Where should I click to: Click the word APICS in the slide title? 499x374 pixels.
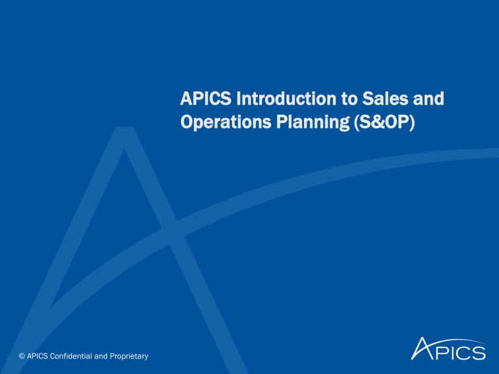(x=205, y=99)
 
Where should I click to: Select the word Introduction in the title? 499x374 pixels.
(x=286, y=99)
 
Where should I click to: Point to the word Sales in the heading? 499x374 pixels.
(x=385, y=99)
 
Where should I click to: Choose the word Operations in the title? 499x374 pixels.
(x=225, y=122)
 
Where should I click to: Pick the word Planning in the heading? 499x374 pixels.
(x=313, y=122)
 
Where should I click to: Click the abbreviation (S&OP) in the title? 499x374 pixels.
(x=385, y=122)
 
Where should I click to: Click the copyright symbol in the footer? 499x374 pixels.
(x=21, y=356)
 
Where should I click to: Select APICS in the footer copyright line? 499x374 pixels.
(x=38, y=356)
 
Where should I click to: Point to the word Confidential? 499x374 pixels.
(x=71, y=356)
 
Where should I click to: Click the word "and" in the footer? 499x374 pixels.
(x=101, y=356)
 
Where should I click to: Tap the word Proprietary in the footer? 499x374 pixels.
(x=129, y=356)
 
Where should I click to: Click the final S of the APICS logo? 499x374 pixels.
(x=479, y=353)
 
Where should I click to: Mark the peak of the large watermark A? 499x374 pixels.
(x=124, y=127)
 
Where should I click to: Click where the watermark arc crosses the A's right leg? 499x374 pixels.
(x=173, y=232)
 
